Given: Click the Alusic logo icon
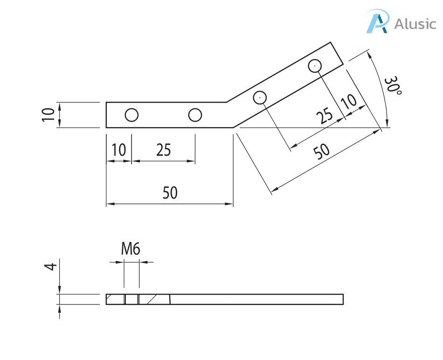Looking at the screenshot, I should (377, 22).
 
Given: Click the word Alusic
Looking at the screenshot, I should (415, 23).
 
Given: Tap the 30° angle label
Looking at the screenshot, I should (392, 86).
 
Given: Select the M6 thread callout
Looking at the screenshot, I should (131, 249).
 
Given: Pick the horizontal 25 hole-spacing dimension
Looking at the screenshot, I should (163, 150).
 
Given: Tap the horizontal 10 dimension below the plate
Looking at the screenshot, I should (119, 150).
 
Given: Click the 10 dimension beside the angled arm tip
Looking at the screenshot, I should (348, 101).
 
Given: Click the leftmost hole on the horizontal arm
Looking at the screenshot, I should (132, 115).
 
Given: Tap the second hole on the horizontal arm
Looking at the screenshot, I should (195, 115).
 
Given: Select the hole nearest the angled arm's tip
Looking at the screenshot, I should (315, 66).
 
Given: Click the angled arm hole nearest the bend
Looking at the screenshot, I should (260, 97).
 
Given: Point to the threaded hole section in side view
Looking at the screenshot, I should (132, 299).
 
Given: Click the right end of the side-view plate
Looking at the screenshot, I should (343, 299).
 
